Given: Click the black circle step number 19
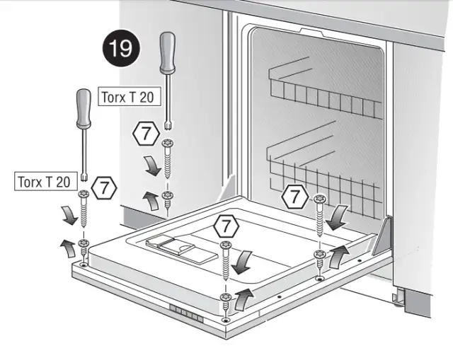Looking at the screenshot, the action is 121,48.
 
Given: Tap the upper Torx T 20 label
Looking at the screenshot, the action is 129,97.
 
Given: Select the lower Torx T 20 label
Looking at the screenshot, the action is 46,181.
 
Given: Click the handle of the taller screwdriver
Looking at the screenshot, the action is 168,53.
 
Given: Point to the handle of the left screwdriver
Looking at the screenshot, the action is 84,108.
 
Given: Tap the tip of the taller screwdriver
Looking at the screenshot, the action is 168,126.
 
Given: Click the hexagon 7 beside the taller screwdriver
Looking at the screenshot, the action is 147,134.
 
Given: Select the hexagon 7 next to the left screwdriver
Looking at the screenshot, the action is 104,188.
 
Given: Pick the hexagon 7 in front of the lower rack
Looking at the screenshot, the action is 295,197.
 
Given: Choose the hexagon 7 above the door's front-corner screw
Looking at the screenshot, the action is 226,226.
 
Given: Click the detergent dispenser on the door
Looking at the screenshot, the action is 181,249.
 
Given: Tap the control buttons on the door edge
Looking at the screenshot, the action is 186,313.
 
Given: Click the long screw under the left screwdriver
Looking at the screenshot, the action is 84,209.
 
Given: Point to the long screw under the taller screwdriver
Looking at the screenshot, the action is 168,158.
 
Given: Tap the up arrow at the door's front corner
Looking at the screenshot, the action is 243,299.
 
